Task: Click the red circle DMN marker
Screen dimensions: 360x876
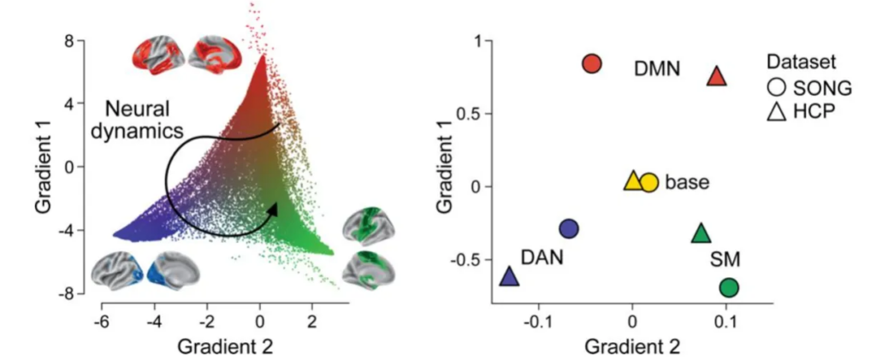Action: click(592, 63)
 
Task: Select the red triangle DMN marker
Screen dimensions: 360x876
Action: click(717, 77)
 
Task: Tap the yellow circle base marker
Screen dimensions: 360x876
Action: click(649, 182)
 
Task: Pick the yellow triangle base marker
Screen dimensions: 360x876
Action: click(632, 180)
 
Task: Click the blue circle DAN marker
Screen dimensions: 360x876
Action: click(569, 228)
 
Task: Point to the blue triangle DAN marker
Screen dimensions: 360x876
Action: click(509, 276)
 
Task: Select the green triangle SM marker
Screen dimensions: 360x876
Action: click(701, 233)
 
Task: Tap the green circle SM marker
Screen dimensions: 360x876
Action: click(729, 288)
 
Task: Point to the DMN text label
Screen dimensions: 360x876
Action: click(657, 68)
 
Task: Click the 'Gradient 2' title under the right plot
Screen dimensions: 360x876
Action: click(632, 345)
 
